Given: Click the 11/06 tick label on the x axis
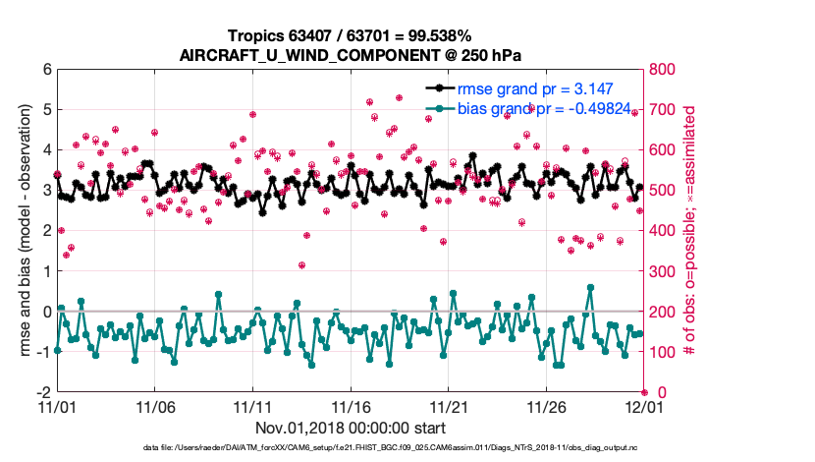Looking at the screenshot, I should (154, 406).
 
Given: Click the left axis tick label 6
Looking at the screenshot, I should (46, 70).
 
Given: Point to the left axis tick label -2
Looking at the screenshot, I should (43, 391).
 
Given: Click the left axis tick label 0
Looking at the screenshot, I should (46, 311).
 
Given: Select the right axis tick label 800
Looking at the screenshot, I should (663, 70).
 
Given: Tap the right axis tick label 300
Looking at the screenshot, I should (663, 271).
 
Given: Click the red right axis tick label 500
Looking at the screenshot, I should (663, 191).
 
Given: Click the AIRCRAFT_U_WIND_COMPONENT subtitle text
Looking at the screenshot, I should (351, 54).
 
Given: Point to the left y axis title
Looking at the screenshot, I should (22, 230).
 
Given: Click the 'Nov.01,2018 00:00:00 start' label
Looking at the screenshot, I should (351, 428).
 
